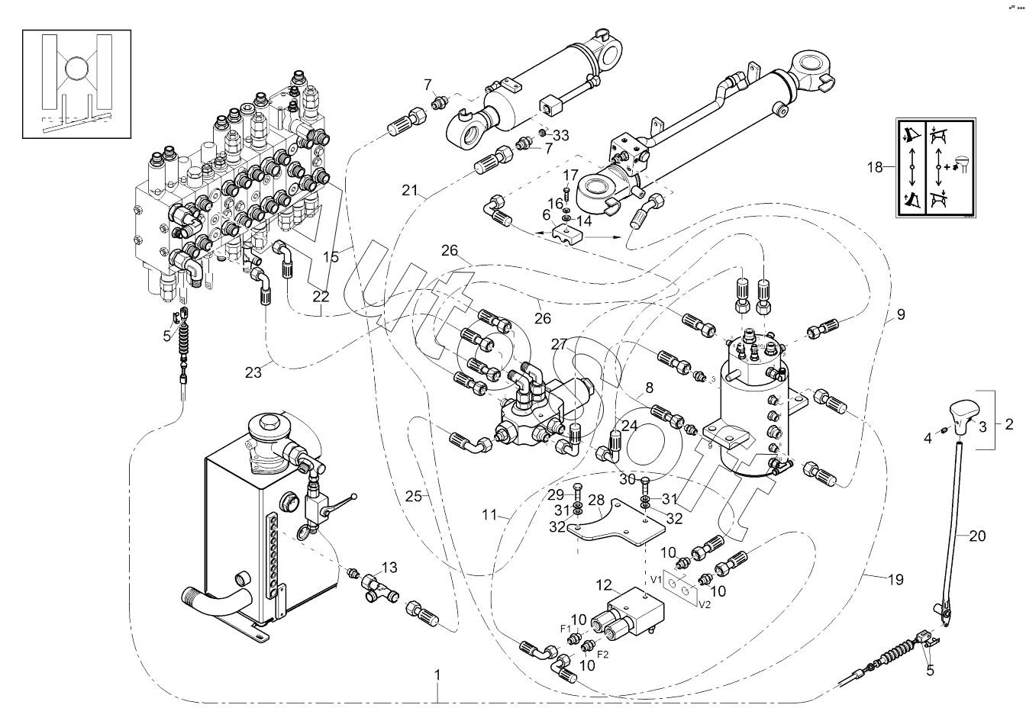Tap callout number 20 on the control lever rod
(977, 536)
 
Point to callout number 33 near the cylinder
(561, 136)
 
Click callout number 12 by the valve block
(605, 586)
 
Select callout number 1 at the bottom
(437, 674)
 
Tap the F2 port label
(602, 655)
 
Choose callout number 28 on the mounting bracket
(595, 500)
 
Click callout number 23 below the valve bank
(254, 372)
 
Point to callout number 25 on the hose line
(413, 497)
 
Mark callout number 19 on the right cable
(895, 580)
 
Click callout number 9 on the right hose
(901, 314)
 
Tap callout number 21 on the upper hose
(409, 188)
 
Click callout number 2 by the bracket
(1008, 422)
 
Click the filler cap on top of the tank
(269, 423)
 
